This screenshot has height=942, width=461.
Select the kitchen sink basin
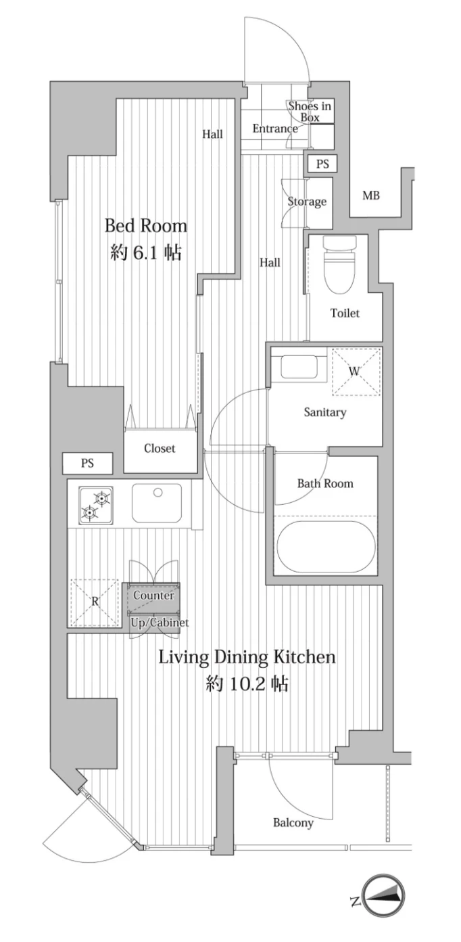(157, 502)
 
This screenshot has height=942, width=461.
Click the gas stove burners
(95, 505)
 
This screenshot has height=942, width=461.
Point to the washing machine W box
(356, 372)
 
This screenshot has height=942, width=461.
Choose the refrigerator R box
(95, 602)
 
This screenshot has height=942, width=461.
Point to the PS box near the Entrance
(322, 163)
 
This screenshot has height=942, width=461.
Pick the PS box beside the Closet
(87, 464)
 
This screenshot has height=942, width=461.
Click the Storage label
(307, 202)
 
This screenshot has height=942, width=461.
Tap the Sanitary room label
(325, 412)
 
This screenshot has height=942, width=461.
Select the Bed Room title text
(145, 226)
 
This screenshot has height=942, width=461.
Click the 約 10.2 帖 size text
(247, 684)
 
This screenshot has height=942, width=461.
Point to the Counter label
(153, 596)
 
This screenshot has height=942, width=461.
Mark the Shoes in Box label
(310, 112)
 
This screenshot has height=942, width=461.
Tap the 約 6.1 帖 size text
(146, 252)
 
